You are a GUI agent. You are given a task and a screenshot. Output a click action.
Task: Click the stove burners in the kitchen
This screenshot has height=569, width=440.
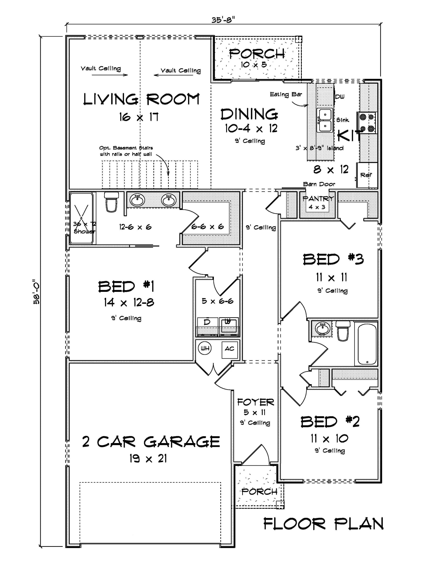pos(367,122)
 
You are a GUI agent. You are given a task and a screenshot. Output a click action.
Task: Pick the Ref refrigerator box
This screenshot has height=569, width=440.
pos(367,175)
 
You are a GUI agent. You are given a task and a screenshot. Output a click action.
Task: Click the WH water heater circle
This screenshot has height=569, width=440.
pos(205,348)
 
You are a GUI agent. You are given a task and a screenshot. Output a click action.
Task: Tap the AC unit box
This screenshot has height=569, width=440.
pos(229,349)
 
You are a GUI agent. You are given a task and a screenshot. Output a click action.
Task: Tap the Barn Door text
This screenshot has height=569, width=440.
pos(319,184)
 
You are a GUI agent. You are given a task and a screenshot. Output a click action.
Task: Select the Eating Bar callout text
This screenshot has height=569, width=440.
pos(286,94)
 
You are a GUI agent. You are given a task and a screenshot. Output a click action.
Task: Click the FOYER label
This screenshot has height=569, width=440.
pos(255,402)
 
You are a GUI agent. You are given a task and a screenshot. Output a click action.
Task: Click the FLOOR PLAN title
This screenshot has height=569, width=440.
pos(323,524)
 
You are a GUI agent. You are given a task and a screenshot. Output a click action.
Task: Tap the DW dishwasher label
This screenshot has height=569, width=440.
pos(340,97)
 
